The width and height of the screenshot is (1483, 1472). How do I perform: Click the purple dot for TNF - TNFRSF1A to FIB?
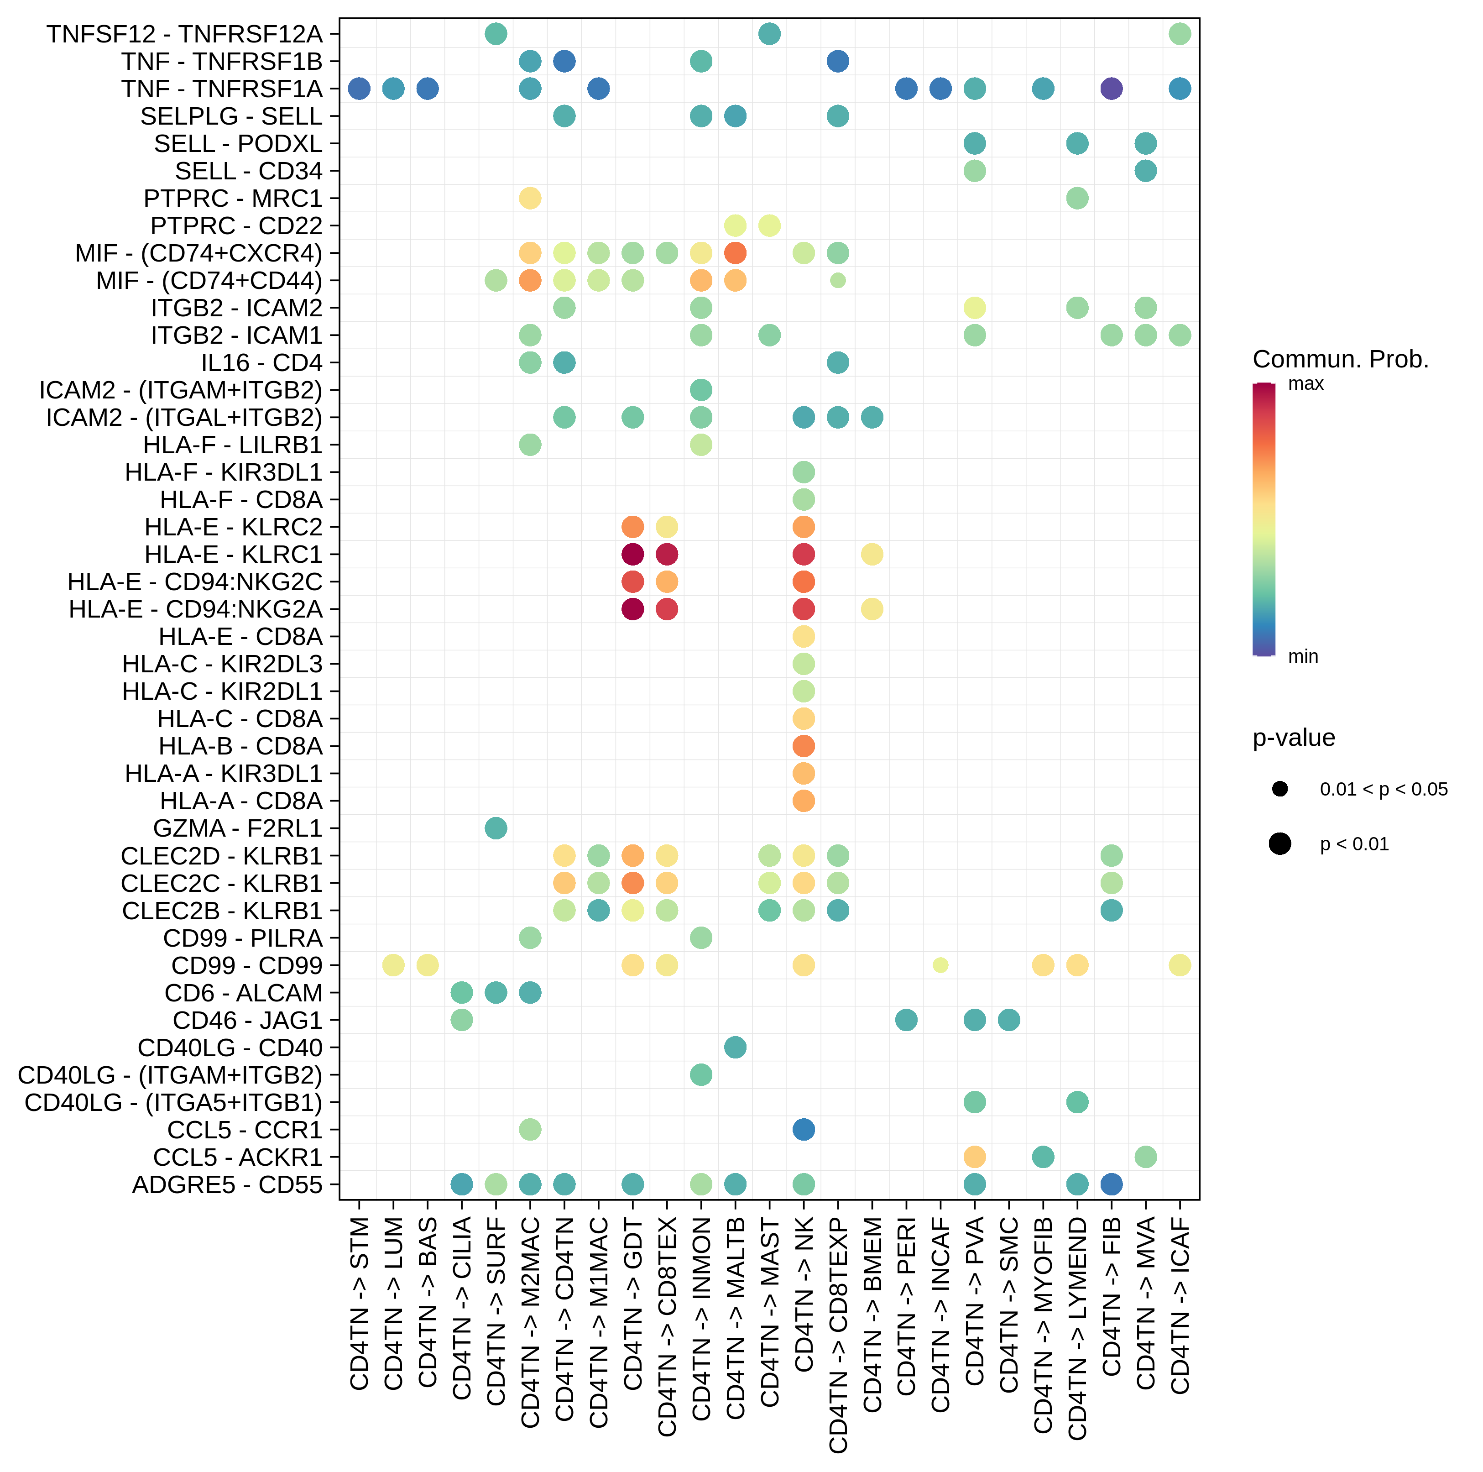pos(1111,89)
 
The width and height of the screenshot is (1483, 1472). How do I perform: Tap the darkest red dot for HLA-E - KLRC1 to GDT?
pos(632,555)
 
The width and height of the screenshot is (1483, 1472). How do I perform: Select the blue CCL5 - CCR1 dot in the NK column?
pos(804,1130)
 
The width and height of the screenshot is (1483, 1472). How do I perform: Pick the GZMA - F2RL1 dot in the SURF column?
pos(496,828)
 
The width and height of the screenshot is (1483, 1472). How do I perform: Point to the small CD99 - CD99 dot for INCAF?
pos(940,965)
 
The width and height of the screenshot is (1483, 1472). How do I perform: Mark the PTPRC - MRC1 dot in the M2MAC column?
pos(530,198)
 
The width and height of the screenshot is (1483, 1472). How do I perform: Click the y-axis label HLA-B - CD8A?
pos(240,746)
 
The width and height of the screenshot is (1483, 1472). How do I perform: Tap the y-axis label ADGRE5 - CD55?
pos(227,1185)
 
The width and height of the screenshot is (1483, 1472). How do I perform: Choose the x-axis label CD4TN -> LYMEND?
pos(1077,1328)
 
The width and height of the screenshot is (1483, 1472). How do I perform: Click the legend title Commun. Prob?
pos(1340,359)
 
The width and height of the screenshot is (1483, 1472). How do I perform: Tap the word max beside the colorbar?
pos(1305,384)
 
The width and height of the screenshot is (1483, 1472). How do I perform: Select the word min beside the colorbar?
pos(1303,656)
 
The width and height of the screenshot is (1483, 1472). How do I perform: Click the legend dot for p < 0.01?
pos(1279,844)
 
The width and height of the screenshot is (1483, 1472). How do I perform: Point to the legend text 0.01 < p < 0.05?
pos(1383,789)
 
